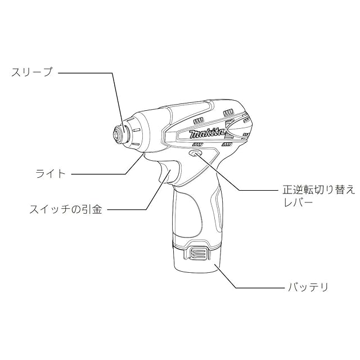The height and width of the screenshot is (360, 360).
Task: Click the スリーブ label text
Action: (31, 72)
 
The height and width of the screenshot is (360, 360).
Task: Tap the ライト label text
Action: (51, 174)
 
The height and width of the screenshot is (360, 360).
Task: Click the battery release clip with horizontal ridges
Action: (197, 255)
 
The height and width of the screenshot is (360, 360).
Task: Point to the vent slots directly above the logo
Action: (200, 121)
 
